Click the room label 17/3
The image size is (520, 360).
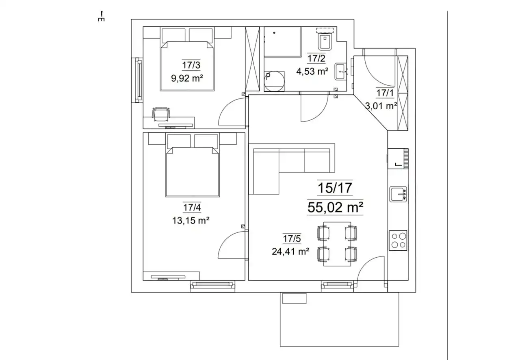click(x=191, y=65)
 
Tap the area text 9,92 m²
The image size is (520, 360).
click(x=187, y=78)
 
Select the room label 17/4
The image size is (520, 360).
click(x=192, y=207)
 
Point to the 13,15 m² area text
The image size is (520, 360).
click(x=191, y=220)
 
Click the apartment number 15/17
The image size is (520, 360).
click(x=335, y=188)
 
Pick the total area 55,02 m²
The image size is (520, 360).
click(x=335, y=207)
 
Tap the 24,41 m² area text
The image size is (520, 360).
click(x=290, y=251)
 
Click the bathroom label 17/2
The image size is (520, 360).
click(x=316, y=59)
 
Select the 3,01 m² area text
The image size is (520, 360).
click(x=381, y=106)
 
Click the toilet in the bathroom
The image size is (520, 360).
click(x=325, y=42)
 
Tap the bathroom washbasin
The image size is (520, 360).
click(x=340, y=72)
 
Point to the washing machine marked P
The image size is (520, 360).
click(x=274, y=81)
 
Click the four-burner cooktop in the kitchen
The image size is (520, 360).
click(x=398, y=241)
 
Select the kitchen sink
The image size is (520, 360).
click(x=398, y=194)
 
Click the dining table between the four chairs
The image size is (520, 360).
click(x=337, y=244)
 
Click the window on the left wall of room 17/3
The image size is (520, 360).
click(x=139, y=80)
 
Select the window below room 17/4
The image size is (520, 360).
click(x=212, y=285)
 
